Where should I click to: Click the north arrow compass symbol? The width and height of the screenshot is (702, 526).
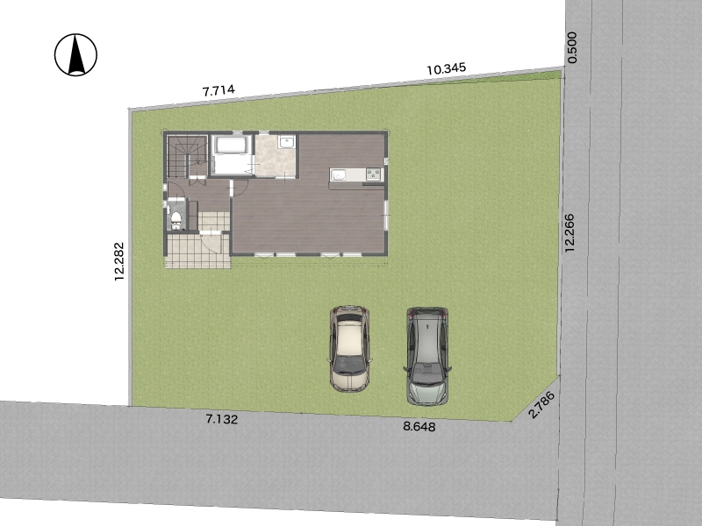coord(75,54)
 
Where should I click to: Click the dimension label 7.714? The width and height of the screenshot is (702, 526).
coord(218,90)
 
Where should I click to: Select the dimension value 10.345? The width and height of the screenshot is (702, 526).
coord(447,69)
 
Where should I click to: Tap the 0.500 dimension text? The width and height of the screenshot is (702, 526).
coord(572,47)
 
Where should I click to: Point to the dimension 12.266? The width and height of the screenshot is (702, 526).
coord(569,232)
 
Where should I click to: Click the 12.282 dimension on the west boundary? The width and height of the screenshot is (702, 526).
coord(118,261)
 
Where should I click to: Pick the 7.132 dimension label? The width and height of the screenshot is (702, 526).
coord(222,419)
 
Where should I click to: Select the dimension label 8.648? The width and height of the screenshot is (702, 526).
coord(419,426)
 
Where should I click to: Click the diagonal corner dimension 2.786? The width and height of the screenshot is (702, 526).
coord(541,405)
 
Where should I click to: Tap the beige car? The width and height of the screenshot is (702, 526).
coord(349,349)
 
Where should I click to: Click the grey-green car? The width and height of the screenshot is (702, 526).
coord(427,356)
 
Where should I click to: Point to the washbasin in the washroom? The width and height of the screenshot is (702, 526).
coord(286,142)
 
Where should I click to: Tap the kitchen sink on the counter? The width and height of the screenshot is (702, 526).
coord(339,174)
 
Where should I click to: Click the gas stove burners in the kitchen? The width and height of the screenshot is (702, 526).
coord(373,174)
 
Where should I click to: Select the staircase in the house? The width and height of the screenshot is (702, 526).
coord(186,156)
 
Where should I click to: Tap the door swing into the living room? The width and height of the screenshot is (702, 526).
coord(240,188)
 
